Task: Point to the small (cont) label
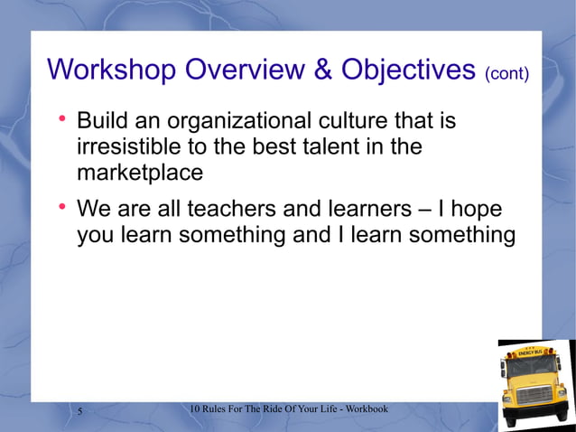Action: point(506,73)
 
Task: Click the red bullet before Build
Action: point(62,119)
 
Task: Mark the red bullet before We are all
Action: point(62,209)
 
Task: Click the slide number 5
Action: point(80,412)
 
